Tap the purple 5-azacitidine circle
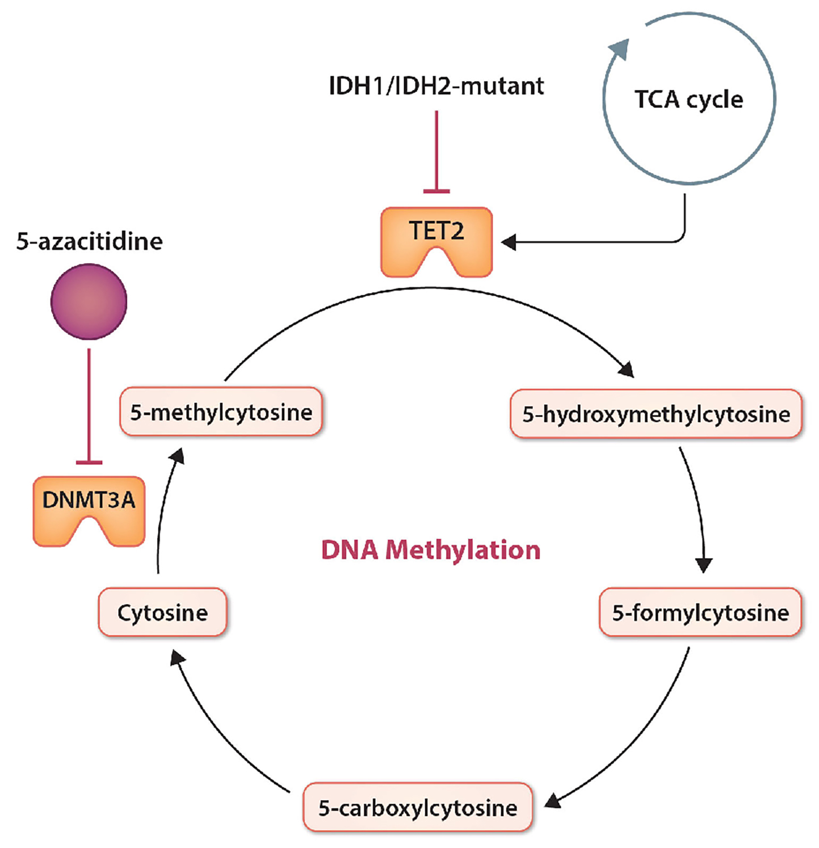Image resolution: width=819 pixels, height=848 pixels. point(89,301)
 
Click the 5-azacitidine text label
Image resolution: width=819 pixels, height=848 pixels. point(89,241)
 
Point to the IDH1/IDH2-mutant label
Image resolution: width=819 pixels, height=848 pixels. point(436,86)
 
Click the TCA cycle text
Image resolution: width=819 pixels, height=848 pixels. point(688,100)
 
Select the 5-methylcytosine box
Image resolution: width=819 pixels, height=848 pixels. point(221,412)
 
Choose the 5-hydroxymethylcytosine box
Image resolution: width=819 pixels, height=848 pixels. point(656,414)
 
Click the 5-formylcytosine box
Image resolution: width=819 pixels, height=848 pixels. point(700,613)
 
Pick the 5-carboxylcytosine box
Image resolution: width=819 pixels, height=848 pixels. point(418,808)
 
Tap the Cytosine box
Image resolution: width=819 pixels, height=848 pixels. point(162,613)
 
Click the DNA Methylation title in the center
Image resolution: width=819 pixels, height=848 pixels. point(430,550)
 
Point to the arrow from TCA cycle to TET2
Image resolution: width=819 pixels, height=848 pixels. point(602,242)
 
